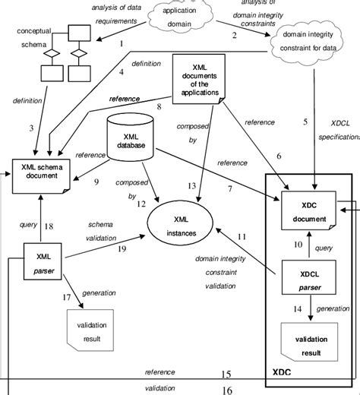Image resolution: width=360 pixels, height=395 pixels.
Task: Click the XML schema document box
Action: [x=42, y=174]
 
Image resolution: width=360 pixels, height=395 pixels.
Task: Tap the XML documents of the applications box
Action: [x=202, y=79]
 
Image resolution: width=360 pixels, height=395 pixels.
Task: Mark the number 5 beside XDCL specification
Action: [x=306, y=122]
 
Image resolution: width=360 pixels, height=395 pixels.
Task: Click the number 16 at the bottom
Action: [x=226, y=389]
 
